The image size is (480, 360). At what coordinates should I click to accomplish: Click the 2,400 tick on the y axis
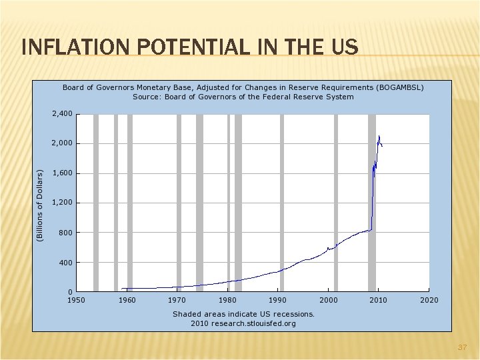coord(62,114)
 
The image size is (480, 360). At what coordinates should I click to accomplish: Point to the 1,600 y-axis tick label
coord(62,173)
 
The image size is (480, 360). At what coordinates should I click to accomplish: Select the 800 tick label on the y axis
coord(65,233)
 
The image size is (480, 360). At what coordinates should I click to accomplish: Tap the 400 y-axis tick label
coord(65,263)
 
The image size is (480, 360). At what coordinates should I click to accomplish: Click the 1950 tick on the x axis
coord(77,300)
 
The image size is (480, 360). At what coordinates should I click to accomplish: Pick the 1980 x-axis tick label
coord(227,300)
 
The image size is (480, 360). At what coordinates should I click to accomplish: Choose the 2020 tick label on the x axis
coord(429,300)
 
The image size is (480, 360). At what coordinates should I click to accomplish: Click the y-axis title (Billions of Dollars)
coord(40,204)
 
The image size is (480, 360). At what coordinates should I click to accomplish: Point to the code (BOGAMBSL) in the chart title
coord(401,87)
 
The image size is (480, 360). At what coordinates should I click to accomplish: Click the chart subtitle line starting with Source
coord(243,97)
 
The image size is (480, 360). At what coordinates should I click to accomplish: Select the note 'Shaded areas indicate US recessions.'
coord(243,313)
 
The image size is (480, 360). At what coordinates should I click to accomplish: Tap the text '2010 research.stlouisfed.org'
coord(243,323)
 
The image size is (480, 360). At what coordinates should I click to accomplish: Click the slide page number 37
coord(461,348)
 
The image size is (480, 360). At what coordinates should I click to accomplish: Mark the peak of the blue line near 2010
coord(379,137)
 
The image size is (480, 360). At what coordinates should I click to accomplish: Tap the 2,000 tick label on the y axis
coord(62,143)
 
